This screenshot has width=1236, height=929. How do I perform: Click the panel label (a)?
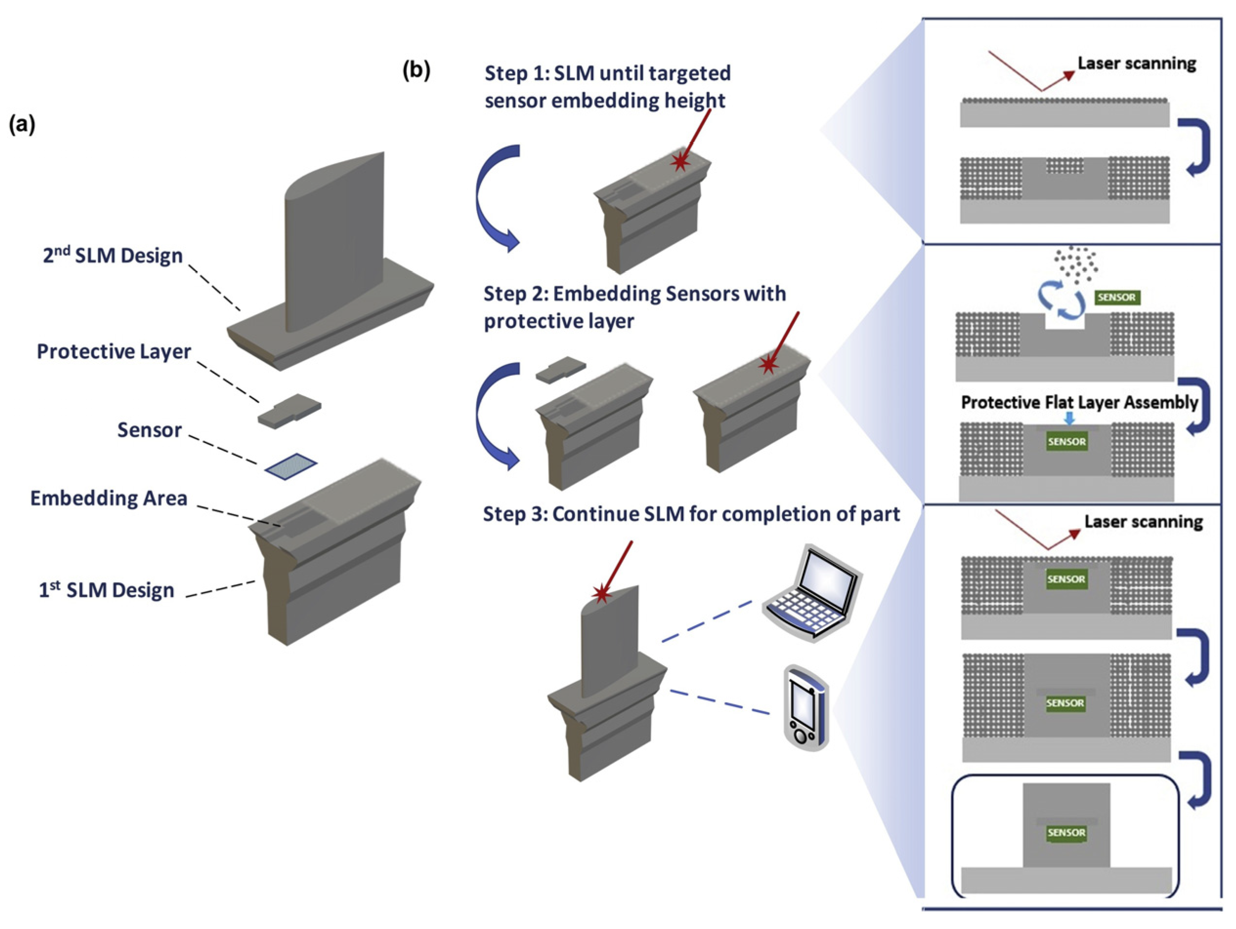pyautogui.click(x=22, y=125)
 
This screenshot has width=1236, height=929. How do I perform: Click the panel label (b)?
pyautogui.click(x=416, y=71)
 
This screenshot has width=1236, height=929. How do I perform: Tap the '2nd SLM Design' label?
pyautogui.click(x=112, y=255)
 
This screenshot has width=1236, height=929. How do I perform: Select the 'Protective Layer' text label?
pyautogui.click(x=113, y=351)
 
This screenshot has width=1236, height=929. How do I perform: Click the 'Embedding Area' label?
pyautogui.click(x=108, y=498)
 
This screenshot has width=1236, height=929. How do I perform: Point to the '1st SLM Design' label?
pyautogui.click(x=106, y=590)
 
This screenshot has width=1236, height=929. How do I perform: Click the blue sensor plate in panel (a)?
pyautogui.click(x=291, y=466)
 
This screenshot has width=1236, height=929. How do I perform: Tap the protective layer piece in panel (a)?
pyautogui.click(x=289, y=411)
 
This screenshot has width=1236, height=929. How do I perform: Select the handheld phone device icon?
pyautogui.click(x=806, y=708)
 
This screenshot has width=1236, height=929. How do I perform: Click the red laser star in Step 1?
pyautogui.click(x=679, y=162)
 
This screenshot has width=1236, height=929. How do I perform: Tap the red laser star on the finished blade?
pyautogui.click(x=601, y=594)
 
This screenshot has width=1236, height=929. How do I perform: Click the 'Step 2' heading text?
pyautogui.click(x=634, y=307)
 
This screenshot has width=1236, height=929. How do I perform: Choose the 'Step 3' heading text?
pyautogui.click(x=691, y=514)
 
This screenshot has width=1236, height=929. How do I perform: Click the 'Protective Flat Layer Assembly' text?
pyautogui.click(x=1079, y=402)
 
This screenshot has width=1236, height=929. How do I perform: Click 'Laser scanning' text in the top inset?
pyautogui.click(x=1136, y=63)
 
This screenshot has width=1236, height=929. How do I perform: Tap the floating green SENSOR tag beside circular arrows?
pyautogui.click(x=1116, y=297)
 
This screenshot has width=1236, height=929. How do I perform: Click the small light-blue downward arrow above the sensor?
pyautogui.click(x=1069, y=419)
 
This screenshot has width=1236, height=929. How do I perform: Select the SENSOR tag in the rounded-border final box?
pyautogui.click(x=1066, y=833)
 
